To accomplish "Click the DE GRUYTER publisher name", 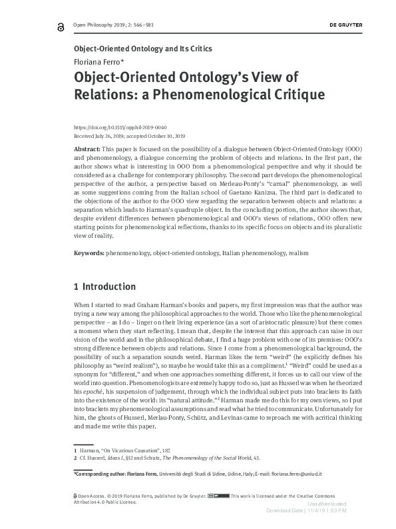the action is click(x=347, y=25).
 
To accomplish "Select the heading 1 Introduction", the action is click(x=104, y=287).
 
